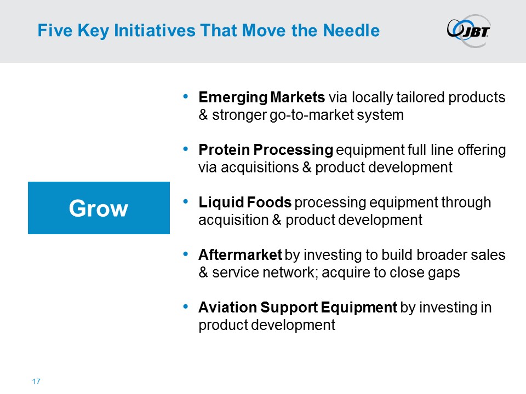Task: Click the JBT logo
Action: [468, 31]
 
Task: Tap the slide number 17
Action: [36, 381]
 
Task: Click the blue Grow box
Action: [99, 208]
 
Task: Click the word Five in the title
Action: [55, 30]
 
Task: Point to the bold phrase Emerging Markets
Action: [262, 97]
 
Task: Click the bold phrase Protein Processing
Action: [266, 150]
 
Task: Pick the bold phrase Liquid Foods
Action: [245, 202]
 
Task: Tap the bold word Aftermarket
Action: [240, 255]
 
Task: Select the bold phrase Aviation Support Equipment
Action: [298, 307]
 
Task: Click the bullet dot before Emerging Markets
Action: [186, 96]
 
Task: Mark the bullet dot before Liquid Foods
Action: [186, 201]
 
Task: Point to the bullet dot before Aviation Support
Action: [186, 306]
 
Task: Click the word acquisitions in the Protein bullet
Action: [260, 167]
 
